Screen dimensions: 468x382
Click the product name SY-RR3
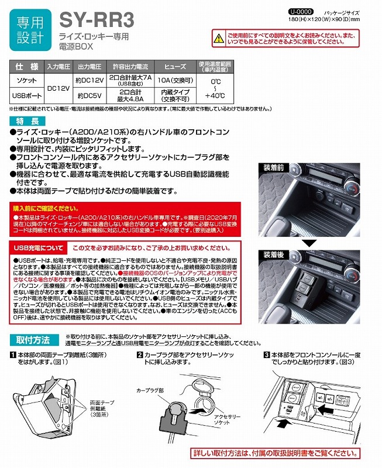[97, 20]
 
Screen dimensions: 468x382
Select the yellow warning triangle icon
[218, 39]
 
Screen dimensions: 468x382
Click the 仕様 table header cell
[26, 66]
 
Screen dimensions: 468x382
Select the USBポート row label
[26, 94]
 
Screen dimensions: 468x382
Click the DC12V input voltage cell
[58, 87]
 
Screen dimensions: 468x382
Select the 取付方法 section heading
[32, 340]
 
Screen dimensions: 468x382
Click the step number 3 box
[266, 355]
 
